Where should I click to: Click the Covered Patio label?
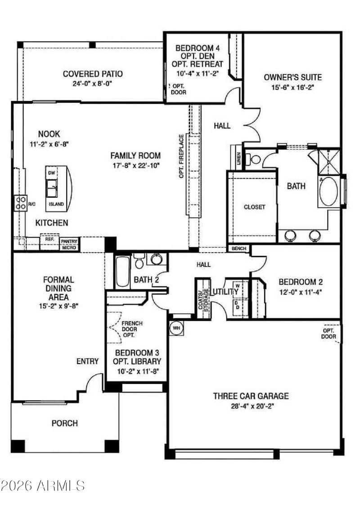pyautogui.click(x=93, y=74)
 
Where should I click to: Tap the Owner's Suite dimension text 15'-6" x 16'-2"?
pyautogui.click(x=293, y=87)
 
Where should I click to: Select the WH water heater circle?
pyautogui.click(x=176, y=328)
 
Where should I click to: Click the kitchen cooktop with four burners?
pyautogui.click(x=20, y=203)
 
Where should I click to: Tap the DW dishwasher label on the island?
pyautogui.click(x=52, y=173)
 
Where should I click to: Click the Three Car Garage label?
pyautogui.click(x=251, y=396)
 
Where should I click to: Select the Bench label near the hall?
pyautogui.click(x=239, y=248)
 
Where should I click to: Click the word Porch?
pyautogui.click(x=65, y=423)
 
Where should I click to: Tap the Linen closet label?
pyautogui.click(x=239, y=158)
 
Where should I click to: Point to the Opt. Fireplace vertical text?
pyautogui.click(x=181, y=156)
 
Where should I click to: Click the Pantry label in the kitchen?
pyautogui.click(x=69, y=241)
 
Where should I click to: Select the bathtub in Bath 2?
pyautogui.click(x=122, y=272)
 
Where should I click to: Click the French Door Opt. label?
pyautogui.click(x=131, y=329)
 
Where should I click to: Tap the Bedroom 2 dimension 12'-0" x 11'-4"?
pyautogui.click(x=301, y=292)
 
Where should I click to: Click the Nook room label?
pyautogui.click(x=49, y=134)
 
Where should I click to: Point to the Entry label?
pyautogui.click(x=87, y=362)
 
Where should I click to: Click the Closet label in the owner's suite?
pyautogui.click(x=254, y=207)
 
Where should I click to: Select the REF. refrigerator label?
pyautogui.click(x=49, y=239)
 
